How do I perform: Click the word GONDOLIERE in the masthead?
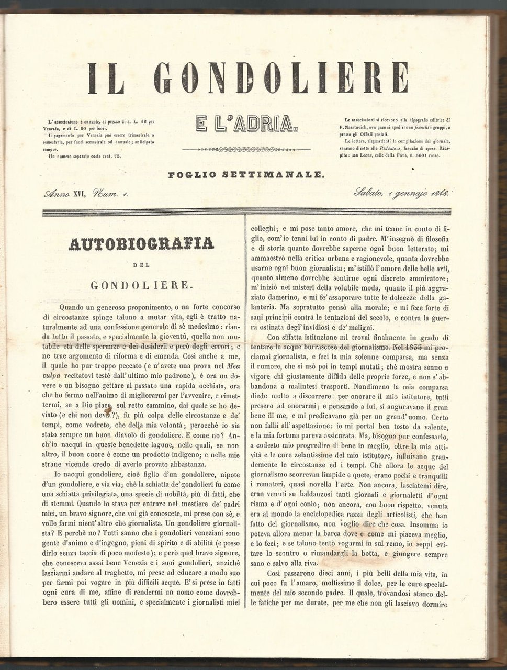click(x=283, y=79)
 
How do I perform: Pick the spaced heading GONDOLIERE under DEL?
click(x=141, y=285)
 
